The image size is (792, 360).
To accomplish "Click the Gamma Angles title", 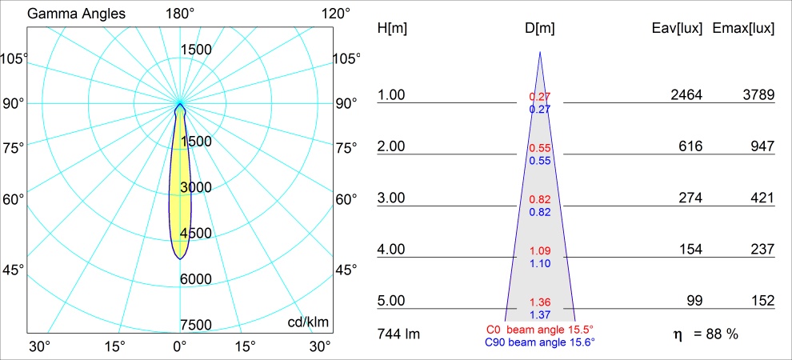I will (66, 14).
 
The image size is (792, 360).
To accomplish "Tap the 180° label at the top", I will (180, 14).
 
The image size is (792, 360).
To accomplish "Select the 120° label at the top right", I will (334, 14).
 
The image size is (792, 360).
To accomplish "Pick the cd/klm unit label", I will (309, 322).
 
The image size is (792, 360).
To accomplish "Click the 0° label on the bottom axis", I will (180, 346).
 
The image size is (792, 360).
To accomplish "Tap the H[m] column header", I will (392, 29).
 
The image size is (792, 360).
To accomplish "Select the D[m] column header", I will (540, 29).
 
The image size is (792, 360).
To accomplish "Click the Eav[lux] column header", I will (678, 29).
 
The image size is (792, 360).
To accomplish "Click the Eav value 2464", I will (686, 95).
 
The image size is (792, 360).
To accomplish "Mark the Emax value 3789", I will (758, 95).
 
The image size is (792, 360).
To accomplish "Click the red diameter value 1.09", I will (540, 251).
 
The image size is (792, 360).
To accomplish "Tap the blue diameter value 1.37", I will (540, 314).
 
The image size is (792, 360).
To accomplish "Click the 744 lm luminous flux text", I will (398, 333).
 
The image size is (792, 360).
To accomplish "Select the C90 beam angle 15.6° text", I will (540, 342).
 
